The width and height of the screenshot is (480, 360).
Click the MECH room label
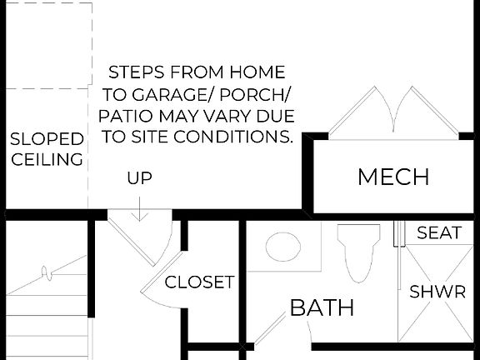click(x=392, y=177)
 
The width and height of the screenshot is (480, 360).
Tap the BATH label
click(x=322, y=307)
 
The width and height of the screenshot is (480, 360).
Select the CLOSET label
click(x=199, y=282)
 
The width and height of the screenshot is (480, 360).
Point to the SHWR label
click(x=437, y=292)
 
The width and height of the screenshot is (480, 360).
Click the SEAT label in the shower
click(x=439, y=232)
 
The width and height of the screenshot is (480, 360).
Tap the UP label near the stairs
click(x=139, y=177)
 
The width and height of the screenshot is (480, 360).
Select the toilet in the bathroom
click(x=358, y=251)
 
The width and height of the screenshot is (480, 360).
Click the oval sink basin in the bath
click(x=283, y=247)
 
